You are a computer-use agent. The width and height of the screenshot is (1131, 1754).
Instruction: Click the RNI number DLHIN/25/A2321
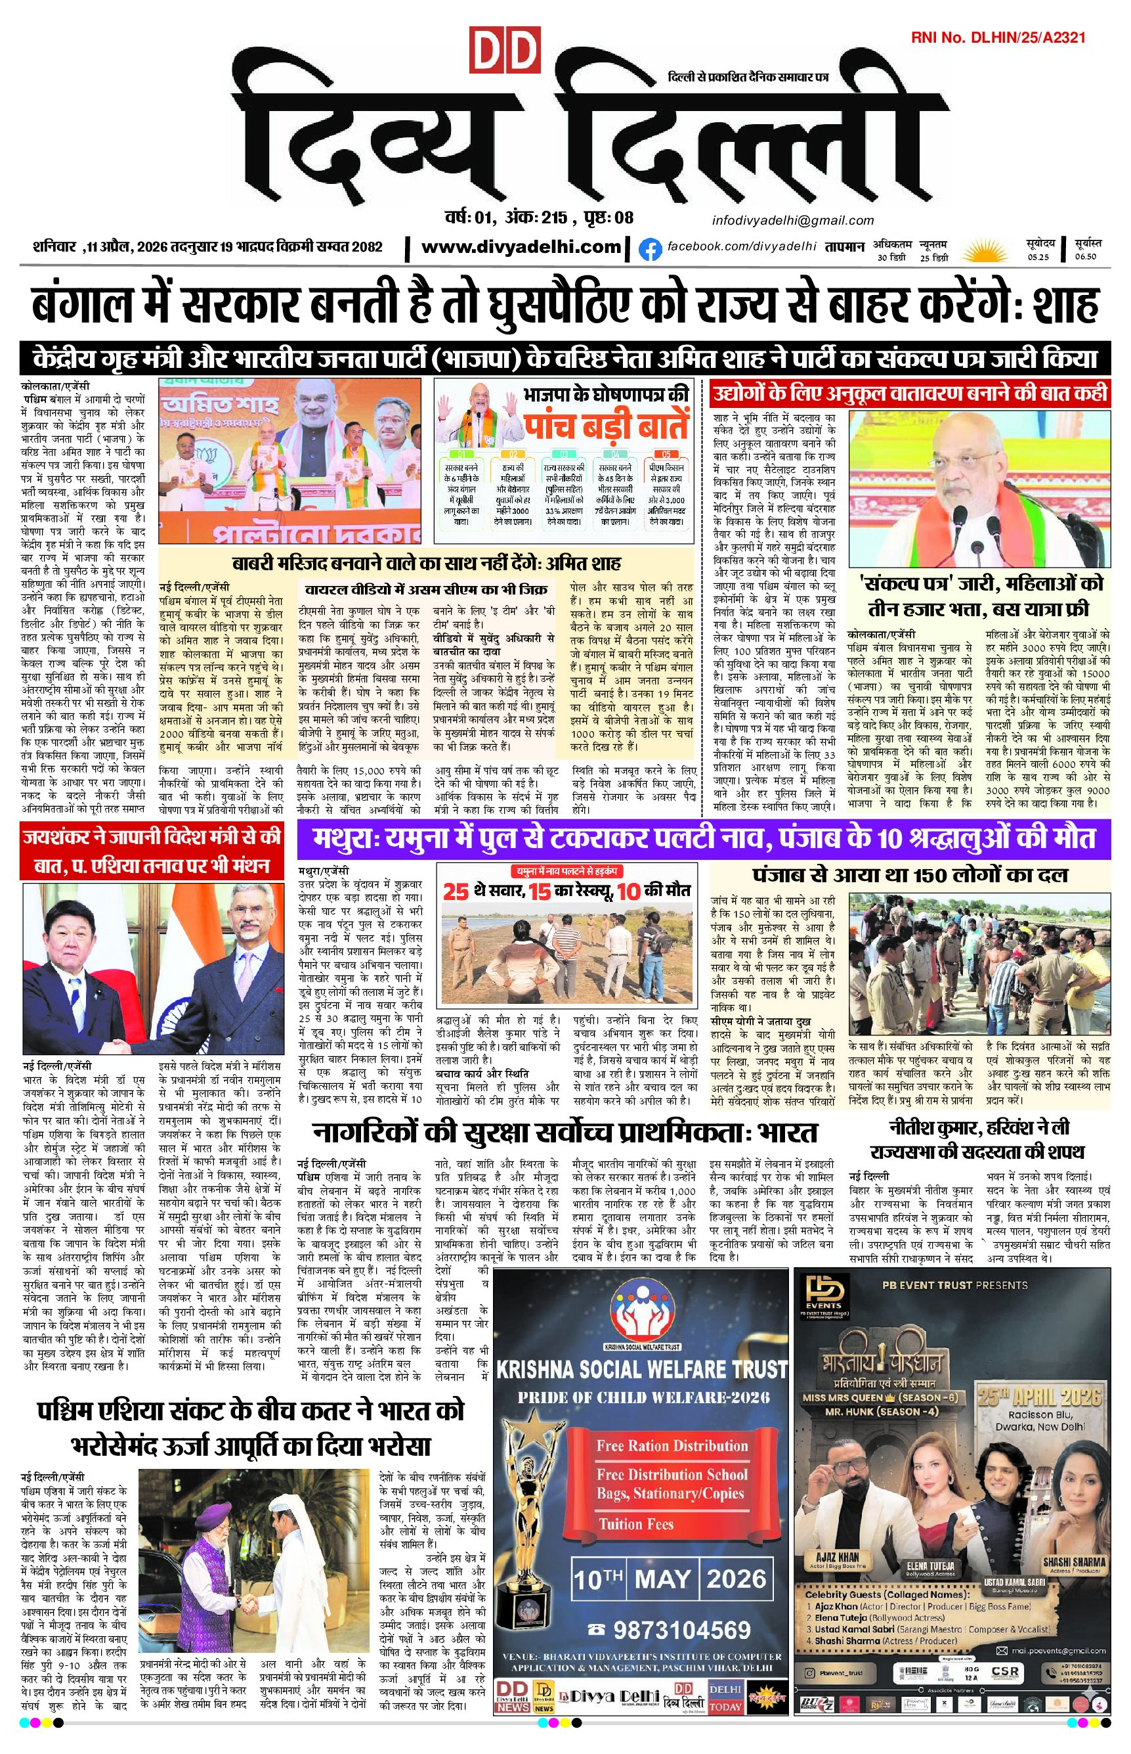click(x=998, y=37)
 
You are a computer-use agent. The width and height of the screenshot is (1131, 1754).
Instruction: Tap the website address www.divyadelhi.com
click(x=521, y=247)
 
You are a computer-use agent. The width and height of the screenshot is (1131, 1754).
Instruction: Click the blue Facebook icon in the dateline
click(x=649, y=249)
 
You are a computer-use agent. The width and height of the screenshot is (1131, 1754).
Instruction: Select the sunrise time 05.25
click(x=1038, y=256)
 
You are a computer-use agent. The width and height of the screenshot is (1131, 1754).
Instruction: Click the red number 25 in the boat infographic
click(x=456, y=891)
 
